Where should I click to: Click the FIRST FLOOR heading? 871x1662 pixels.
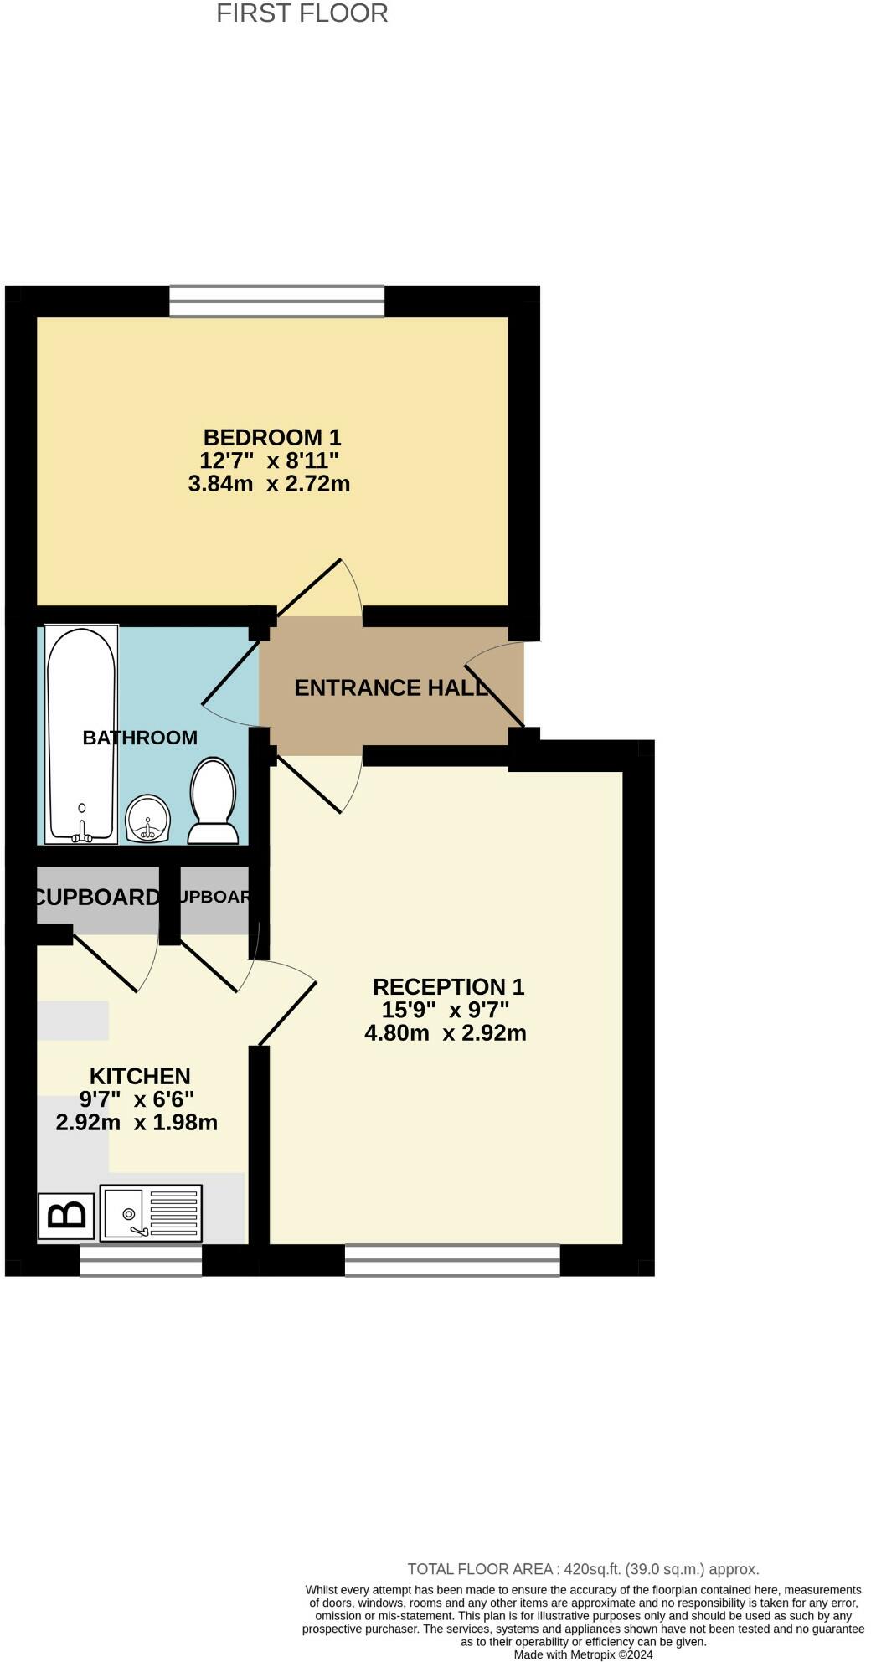pyautogui.click(x=301, y=13)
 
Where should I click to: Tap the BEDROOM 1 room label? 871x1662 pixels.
pyautogui.click(x=272, y=437)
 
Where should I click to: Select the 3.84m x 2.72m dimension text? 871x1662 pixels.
pyautogui.click(x=269, y=484)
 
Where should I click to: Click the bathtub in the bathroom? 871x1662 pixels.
pyautogui.click(x=81, y=733)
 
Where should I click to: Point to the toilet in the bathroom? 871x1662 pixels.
pyautogui.click(x=214, y=801)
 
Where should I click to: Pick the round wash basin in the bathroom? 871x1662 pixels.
pyautogui.click(x=148, y=818)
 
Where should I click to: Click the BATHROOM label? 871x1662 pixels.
pyautogui.click(x=140, y=738)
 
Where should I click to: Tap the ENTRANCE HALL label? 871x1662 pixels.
pyautogui.click(x=391, y=688)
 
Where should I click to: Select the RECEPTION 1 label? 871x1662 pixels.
pyautogui.click(x=448, y=986)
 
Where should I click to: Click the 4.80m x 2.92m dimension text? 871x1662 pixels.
pyautogui.click(x=445, y=1033)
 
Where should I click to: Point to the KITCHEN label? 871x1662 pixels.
pyautogui.click(x=140, y=1076)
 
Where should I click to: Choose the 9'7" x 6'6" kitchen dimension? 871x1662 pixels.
pyautogui.click(x=137, y=1099)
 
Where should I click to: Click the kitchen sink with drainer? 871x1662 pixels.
pyautogui.click(x=151, y=1213)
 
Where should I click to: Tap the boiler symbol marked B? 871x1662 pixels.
pyautogui.click(x=66, y=1216)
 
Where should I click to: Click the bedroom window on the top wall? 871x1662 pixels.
pyautogui.click(x=276, y=301)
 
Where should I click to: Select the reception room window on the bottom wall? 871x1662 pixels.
pyautogui.click(x=452, y=1260)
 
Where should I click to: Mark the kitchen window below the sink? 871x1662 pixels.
pyautogui.click(x=141, y=1260)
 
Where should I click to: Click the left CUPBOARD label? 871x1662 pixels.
pyautogui.click(x=97, y=898)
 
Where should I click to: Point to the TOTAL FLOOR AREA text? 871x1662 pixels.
pyautogui.click(x=583, y=1569)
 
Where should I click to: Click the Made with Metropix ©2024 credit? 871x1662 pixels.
pyautogui.click(x=583, y=1654)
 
